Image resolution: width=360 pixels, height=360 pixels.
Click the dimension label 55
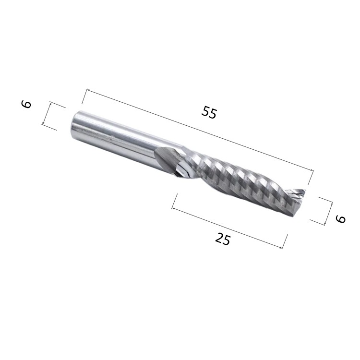pyautogui.click(x=209, y=112)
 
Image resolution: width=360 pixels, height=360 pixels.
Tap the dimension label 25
pyautogui.click(x=222, y=239)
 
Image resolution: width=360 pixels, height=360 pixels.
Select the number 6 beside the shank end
pyautogui.click(x=26, y=104)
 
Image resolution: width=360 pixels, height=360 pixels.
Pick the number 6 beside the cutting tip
pyautogui.click(x=340, y=219)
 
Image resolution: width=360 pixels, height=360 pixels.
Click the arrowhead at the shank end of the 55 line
pyautogui.click(x=88, y=91)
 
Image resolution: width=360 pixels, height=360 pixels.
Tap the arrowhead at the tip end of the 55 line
pyautogui.click(x=311, y=169)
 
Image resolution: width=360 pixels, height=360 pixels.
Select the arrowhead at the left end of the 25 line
pyautogui.click(x=174, y=208)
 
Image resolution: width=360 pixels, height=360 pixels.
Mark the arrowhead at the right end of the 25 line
pyautogui.click(x=280, y=247)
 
